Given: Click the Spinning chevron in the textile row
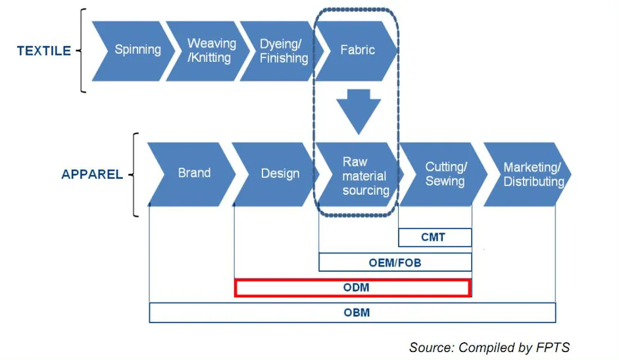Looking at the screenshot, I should tap(135, 51).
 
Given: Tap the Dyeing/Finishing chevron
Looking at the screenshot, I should tap(284, 51).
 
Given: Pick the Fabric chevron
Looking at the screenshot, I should tap(358, 51).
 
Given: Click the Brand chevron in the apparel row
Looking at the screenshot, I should tap(193, 173).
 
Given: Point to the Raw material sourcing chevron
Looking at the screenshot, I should tap(364, 176).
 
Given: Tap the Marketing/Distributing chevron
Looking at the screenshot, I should tap(532, 174).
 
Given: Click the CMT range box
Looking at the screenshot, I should tap(434, 237).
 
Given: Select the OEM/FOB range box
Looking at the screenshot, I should tap(395, 263).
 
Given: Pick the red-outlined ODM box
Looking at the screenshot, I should tap(352, 288).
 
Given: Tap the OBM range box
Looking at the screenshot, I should tap(353, 313).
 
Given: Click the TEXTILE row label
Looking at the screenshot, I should tap(43, 51).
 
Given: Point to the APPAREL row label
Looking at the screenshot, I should tap(92, 174).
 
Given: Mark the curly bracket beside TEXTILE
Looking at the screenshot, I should tap(82, 51).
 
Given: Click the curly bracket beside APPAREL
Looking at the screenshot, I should tap(134, 174).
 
